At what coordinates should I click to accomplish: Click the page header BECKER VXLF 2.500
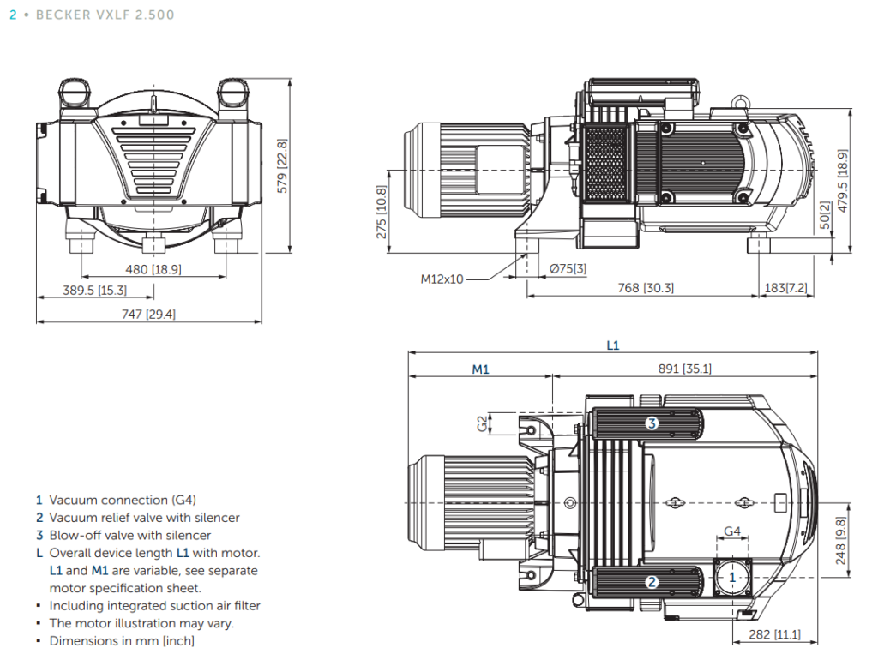coord(105,15)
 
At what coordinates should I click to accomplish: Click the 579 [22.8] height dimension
coord(282,166)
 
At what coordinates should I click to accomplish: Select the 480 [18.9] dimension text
coord(153,269)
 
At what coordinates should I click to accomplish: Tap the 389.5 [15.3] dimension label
coord(94,291)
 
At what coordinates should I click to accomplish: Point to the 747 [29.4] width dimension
coord(149,315)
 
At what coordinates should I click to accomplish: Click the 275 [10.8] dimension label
coord(381,212)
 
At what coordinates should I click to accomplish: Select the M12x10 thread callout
coord(442,279)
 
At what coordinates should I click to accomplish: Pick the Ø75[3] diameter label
coord(568,268)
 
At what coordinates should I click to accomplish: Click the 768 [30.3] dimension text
coord(646,288)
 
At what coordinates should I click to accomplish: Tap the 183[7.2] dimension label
coord(785,288)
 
